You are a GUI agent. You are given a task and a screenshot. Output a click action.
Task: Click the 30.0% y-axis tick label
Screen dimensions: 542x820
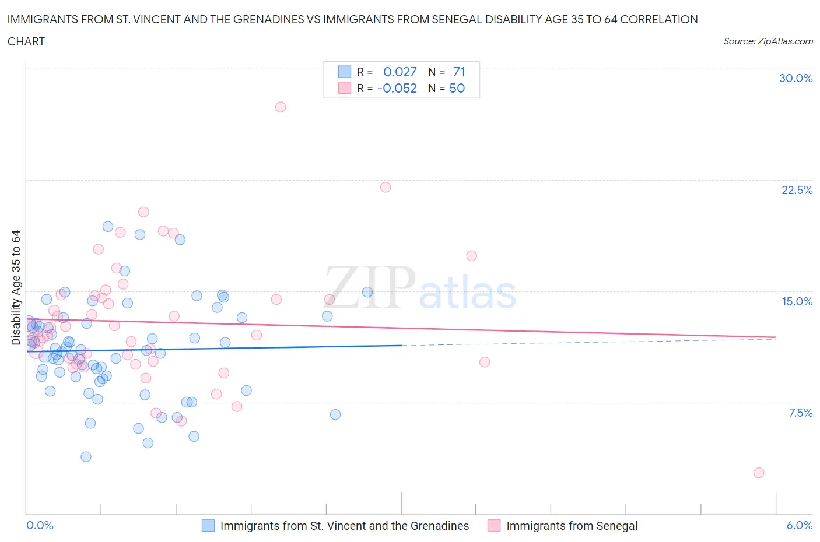(x=796, y=78)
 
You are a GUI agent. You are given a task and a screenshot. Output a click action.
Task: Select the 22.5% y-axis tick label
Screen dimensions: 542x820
(x=797, y=190)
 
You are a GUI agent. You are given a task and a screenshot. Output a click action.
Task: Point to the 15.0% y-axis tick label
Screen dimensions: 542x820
(x=797, y=301)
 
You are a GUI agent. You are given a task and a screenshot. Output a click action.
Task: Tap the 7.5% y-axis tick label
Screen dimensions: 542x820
(x=800, y=413)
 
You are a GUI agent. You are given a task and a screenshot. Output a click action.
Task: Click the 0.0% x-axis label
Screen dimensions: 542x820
(x=40, y=525)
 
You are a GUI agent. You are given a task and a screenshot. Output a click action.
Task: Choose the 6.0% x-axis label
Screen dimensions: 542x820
(x=799, y=525)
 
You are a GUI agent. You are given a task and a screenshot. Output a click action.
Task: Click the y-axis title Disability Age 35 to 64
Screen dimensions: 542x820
(x=16, y=287)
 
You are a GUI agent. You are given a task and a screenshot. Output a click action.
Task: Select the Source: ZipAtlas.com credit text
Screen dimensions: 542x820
(x=768, y=41)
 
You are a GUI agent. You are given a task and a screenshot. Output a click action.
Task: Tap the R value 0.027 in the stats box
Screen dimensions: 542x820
(x=400, y=72)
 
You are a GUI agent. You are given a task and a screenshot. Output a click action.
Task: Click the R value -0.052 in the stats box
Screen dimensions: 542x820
(x=397, y=88)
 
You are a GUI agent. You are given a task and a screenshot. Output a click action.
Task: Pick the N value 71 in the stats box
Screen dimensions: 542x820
(x=459, y=72)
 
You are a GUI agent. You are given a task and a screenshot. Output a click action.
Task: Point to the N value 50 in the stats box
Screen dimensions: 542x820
(x=457, y=88)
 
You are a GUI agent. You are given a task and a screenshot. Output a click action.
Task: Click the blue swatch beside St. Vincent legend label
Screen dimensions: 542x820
(x=208, y=526)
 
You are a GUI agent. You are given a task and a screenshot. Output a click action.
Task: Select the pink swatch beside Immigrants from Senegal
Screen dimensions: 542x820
(x=494, y=526)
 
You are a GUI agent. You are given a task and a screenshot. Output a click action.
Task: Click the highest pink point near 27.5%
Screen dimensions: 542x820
(x=281, y=107)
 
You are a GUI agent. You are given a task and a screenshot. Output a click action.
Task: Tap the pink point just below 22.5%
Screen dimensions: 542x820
(x=386, y=187)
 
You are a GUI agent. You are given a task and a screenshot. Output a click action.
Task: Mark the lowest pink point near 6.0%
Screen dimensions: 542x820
(x=759, y=473)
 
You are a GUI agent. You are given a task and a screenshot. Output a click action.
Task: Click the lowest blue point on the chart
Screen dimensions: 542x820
(x=86, y=457)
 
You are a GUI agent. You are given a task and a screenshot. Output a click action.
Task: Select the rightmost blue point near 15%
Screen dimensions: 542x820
(x=367, y=292)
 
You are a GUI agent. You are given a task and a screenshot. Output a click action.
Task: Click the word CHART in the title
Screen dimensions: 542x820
(x=26, y=41)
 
